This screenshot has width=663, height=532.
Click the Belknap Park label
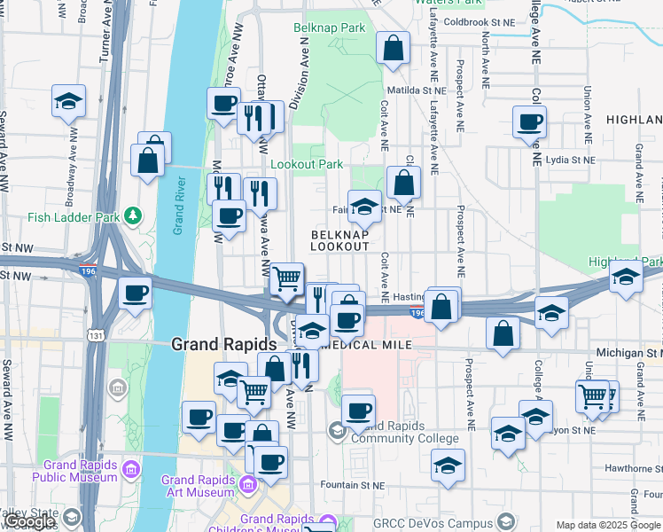330,28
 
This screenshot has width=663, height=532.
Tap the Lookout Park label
307,165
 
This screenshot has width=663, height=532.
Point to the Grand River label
178,206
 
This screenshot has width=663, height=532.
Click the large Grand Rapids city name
225,344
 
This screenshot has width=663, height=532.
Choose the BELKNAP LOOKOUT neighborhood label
339,239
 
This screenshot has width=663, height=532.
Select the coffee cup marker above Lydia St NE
530,122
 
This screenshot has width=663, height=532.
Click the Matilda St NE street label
416,90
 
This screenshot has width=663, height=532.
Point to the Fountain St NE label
353,486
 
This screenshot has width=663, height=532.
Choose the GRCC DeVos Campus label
433,523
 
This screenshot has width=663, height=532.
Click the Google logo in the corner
28,521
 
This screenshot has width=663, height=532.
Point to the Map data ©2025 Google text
608,526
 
